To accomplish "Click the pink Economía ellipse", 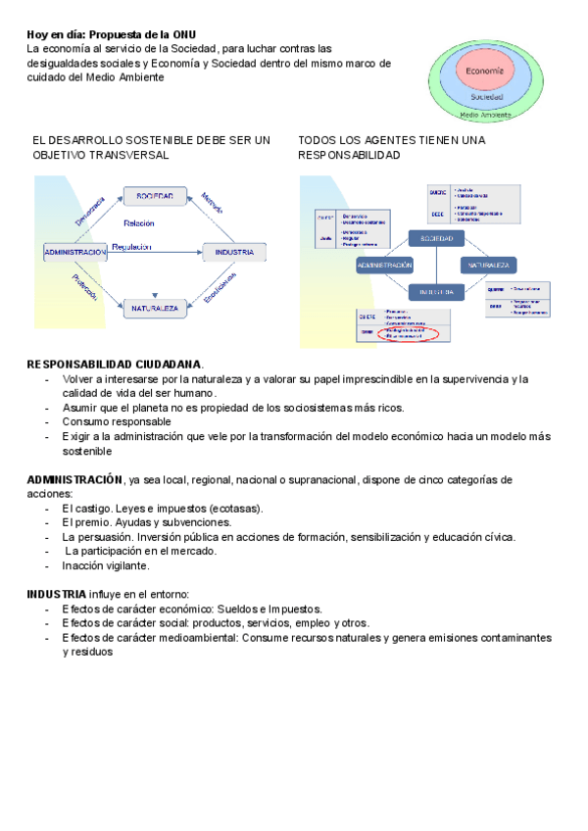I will point(485,73).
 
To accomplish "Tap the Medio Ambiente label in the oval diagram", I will point(485,115).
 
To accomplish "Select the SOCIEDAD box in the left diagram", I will point(155,196).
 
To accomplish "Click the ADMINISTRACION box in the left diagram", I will point(74,253).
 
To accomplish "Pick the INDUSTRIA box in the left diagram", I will point(234,253).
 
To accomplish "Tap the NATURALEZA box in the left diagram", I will point(155,309).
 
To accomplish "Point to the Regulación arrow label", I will point(131,247).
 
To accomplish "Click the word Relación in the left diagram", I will point(138,223).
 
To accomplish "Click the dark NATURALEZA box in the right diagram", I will point(488,266).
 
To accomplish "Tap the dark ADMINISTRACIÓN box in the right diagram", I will point(384,266).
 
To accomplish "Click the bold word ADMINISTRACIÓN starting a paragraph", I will point(74,480).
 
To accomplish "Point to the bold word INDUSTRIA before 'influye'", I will point(56,594).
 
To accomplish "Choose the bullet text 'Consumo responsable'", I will point(117,422).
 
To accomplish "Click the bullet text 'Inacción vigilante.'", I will point(106,565).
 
